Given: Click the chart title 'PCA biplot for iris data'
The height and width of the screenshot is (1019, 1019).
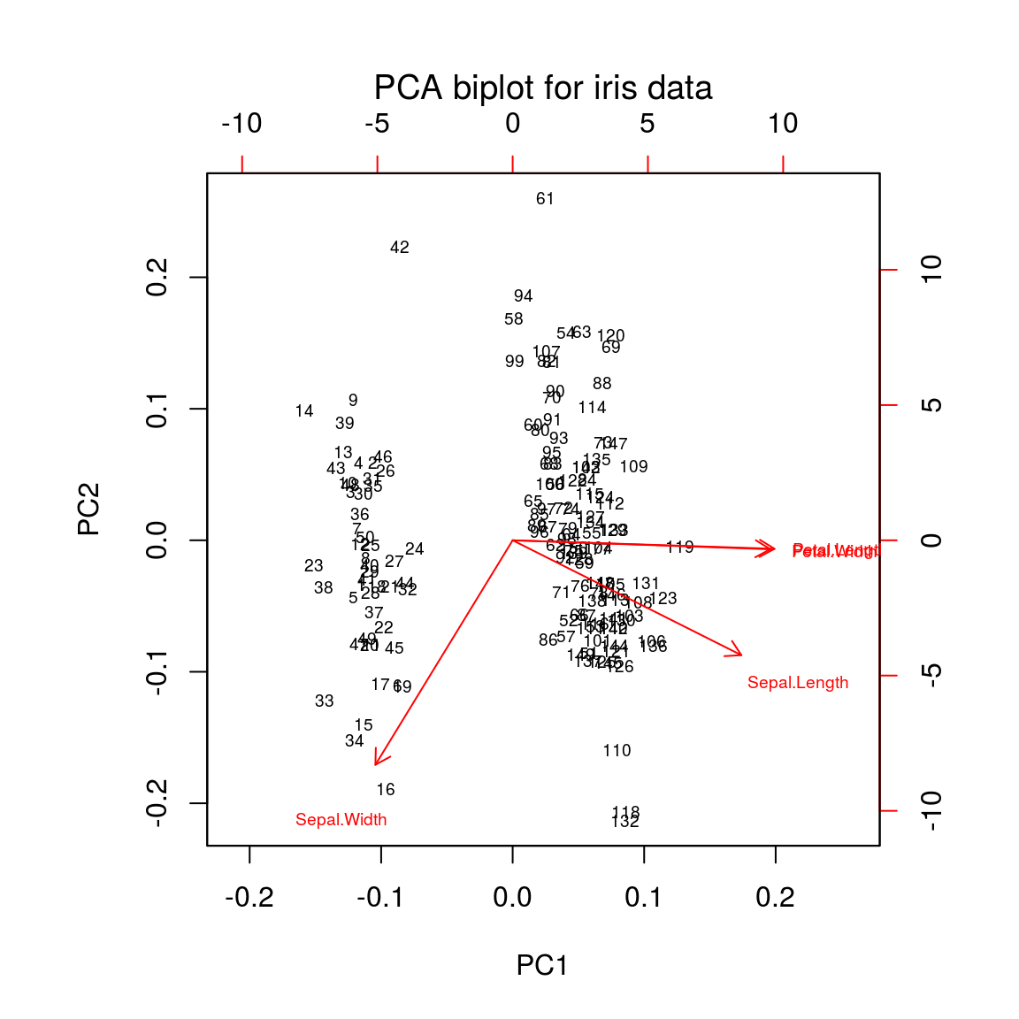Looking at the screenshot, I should [x=542, y=88].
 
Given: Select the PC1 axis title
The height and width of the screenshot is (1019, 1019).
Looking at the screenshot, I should [x=541, y=965].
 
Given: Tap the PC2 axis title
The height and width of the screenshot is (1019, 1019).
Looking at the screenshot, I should [x=89, y=509].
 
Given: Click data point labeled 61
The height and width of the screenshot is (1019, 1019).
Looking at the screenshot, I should [x=545, y=199].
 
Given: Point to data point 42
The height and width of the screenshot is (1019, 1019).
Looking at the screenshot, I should [x=400, y=248].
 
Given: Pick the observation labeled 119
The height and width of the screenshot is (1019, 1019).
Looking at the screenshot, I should [x=679, y=548].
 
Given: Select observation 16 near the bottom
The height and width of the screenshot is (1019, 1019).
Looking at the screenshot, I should [x=386, y=790].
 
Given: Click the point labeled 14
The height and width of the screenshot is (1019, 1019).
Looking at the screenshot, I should [x=304, y=411].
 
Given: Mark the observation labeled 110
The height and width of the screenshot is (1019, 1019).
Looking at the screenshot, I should [x=617, y=751].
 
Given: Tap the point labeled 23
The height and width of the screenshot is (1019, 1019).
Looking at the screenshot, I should [x=313, y=566].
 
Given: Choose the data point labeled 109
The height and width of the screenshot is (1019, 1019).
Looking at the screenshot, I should [x=633, y=467].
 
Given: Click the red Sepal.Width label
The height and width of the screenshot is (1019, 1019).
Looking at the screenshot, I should [x=341, y=820].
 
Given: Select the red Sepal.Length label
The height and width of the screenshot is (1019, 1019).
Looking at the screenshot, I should [x=797, y=683].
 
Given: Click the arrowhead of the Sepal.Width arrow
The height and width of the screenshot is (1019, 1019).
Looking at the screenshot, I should [x=377, y=762].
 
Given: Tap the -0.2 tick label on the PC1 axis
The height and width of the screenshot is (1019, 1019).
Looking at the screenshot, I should [x=249, y=899].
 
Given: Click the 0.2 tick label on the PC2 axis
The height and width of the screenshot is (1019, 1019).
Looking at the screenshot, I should [x=157, y=277].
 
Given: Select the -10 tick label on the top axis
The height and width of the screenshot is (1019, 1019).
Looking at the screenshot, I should [x=241, y=124].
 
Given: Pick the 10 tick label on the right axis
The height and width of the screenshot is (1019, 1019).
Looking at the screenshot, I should [x=931, y=269].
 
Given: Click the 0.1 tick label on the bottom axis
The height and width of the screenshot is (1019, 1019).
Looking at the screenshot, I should [x=643, y=899].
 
